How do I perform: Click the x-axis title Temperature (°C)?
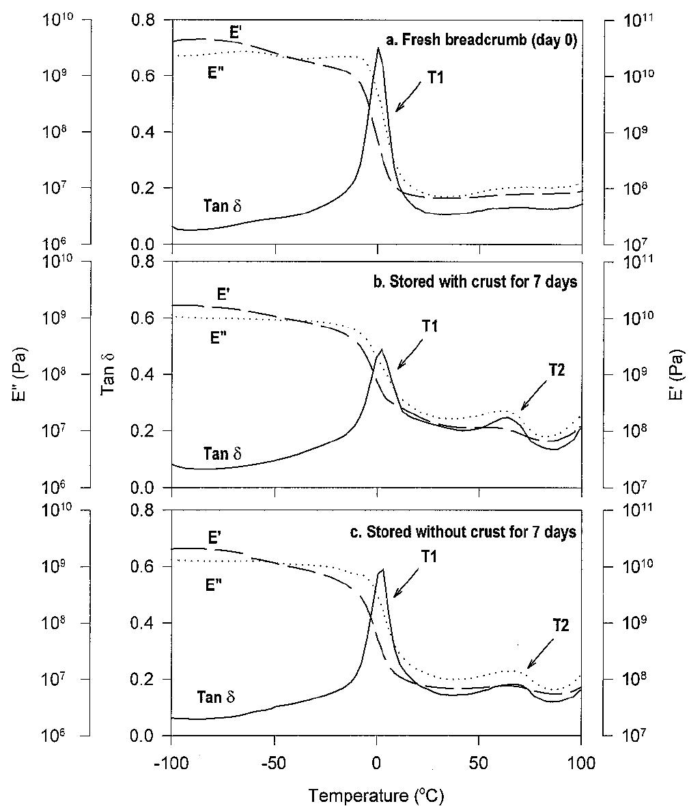tap(378, 794)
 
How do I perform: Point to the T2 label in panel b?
tap(557, 370)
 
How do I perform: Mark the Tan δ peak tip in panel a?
tap(378, 48)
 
